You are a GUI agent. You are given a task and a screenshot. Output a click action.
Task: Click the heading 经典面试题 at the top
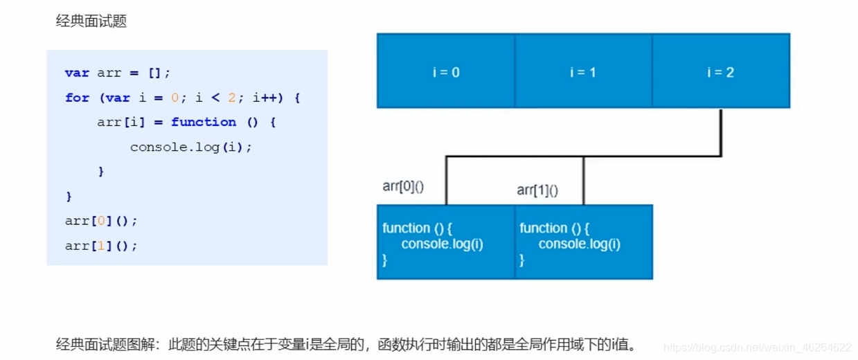[x=91, y=21]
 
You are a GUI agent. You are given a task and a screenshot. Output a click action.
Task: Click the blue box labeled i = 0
[x=446, y=71]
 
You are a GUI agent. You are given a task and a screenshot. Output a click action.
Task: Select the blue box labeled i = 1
[x=583, y=71]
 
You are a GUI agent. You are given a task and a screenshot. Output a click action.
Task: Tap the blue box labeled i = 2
[x=720, y=71]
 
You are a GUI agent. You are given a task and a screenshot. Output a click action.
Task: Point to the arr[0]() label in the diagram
[x=403, y=186]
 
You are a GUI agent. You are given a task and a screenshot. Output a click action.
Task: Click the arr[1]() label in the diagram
[x=537, y=190]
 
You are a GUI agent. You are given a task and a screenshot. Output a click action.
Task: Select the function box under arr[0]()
[x=446, y=242]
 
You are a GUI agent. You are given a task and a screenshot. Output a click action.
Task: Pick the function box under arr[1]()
[x=583, y=242]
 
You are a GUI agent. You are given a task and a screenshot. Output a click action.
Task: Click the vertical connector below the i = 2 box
[x=720, y=132]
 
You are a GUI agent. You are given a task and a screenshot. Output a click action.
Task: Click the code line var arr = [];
[x=117, y=73]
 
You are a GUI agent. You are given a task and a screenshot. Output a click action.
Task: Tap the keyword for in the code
[x=77, y=98]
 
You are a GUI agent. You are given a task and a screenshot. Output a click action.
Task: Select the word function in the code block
[x=204, y=122]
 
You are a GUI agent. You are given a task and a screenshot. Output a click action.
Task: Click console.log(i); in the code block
[x=191, y=147]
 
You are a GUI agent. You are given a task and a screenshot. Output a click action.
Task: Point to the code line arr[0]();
[x=101, y=221]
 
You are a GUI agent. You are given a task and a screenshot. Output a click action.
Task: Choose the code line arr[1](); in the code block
[x=101, y=246]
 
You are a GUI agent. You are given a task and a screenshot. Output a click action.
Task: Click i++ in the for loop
[x=265, y=98]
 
